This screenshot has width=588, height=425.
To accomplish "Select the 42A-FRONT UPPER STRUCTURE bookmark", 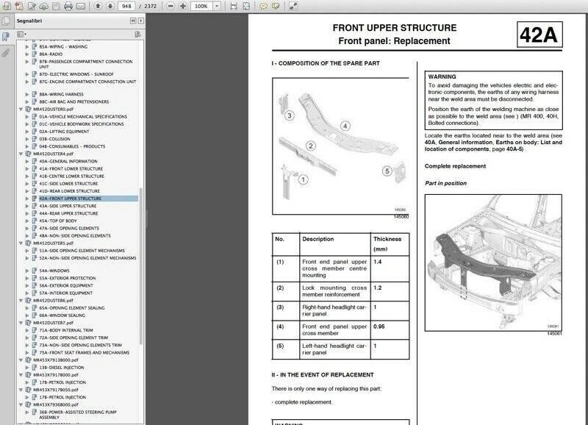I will (x=71, y=199).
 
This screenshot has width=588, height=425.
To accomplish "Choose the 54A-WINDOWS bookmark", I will (x=55, y=271).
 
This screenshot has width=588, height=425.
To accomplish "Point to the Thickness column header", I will (x=387, y=239).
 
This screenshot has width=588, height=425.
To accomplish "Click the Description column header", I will (x=318, y=239).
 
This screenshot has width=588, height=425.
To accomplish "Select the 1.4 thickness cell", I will (x=378, y=262).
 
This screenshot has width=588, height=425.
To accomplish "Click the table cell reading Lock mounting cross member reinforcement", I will (x=334, y=292).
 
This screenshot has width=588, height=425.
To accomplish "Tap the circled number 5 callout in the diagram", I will (x=387, y=171).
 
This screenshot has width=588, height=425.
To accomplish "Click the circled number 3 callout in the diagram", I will (x=290, y=115).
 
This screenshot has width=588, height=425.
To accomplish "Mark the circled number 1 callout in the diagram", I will (x=304, y=178).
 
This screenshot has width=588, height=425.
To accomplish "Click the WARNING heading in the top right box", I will (x=442, y=76).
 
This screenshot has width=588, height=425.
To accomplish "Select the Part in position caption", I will (x=445, y=183).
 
